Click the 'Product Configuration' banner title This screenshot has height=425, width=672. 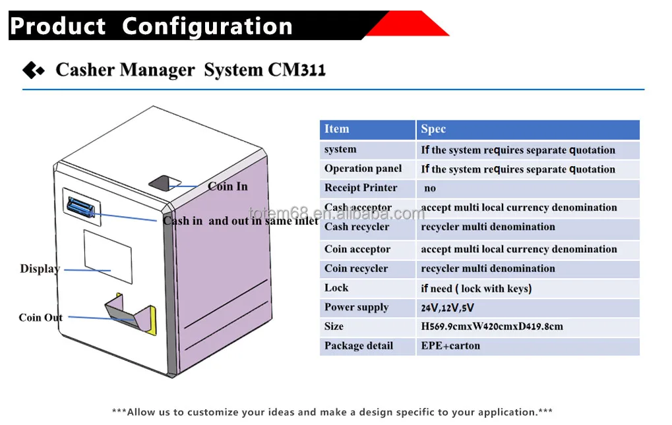151,26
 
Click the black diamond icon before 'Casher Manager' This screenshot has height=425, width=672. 33,70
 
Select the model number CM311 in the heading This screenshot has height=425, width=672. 296,70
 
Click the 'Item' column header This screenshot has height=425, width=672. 336,129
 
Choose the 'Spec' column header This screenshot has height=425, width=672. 433,129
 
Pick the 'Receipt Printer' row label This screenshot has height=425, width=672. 361,188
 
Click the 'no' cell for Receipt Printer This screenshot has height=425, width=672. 430,188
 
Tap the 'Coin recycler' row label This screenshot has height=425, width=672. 356,268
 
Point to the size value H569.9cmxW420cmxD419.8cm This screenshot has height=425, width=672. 492,326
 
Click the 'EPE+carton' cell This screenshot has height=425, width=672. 450,345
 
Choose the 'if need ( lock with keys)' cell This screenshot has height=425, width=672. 476,288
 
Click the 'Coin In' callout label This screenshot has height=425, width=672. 228,186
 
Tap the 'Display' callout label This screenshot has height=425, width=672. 40,269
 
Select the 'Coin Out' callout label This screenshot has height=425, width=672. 40,318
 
